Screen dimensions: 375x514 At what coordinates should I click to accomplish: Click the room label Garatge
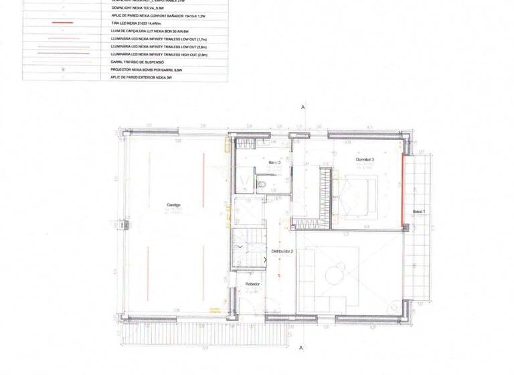point(173,205)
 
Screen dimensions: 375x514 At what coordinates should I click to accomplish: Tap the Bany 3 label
point(274,163)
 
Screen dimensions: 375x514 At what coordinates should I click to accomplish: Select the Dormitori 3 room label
point(365,160)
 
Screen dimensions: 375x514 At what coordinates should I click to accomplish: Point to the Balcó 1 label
point(419,212)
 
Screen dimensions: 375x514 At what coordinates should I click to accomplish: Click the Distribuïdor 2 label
point(281,252)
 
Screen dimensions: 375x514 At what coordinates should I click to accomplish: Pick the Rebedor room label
point(252,285)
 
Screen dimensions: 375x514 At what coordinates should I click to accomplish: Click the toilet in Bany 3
point(263,183)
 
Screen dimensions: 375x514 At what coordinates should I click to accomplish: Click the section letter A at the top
point(303,107)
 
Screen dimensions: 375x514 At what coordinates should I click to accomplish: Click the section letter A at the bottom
point(303,348)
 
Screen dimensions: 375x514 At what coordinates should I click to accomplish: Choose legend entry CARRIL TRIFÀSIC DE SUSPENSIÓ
point(148,61)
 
